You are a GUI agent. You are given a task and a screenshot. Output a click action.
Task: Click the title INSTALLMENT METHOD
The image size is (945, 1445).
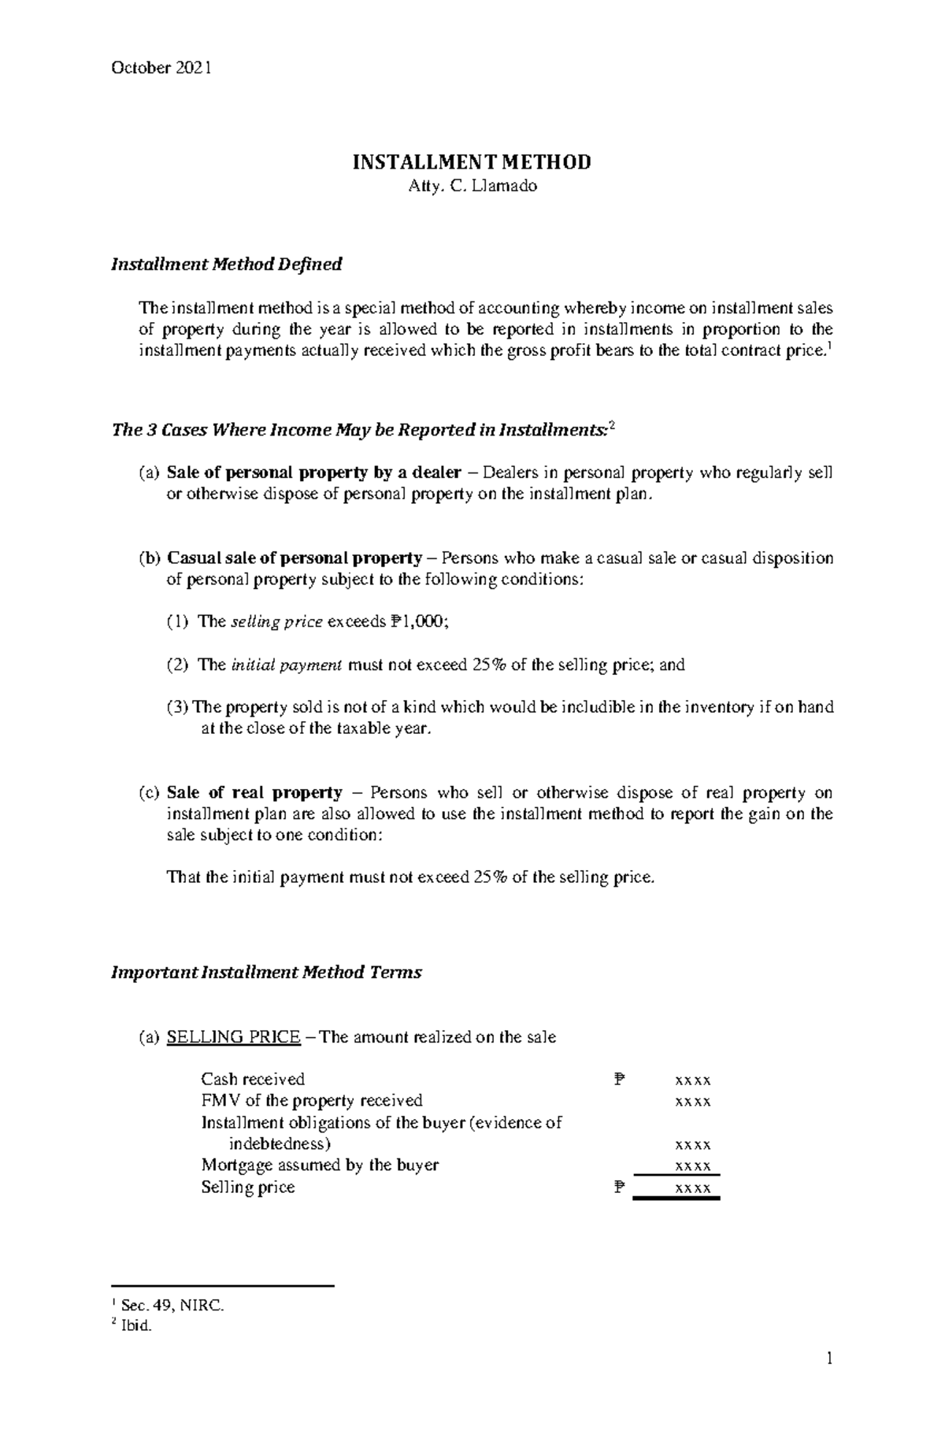click(471, 163)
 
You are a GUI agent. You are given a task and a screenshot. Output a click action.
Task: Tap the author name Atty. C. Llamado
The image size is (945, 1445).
click(472, 187)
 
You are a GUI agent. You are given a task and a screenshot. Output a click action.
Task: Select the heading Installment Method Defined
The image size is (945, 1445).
click(226, 265)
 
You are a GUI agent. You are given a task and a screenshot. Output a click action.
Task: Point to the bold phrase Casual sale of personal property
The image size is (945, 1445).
click(295, 558)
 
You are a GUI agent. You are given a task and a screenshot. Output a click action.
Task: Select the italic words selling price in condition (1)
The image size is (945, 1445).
click(276, 622)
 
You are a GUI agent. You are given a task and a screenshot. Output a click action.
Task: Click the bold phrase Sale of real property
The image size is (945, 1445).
click(254, 793)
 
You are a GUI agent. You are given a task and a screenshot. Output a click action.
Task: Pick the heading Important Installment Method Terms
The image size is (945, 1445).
click(266, 973)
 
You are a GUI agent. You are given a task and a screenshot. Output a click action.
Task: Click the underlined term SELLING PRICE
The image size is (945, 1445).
click(233, 1037)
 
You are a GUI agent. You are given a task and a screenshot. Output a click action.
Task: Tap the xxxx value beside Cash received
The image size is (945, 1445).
click(693, 1080)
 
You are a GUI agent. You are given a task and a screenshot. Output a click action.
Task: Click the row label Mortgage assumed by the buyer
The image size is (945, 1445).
click(320, 1165)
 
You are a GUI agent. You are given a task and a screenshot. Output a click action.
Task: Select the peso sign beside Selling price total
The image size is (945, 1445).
click(618, 1187)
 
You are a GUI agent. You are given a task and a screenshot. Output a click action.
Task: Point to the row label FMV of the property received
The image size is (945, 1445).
click(312, 1101)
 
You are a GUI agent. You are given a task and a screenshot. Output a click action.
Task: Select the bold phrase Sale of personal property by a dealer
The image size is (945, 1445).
click(313, 473)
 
